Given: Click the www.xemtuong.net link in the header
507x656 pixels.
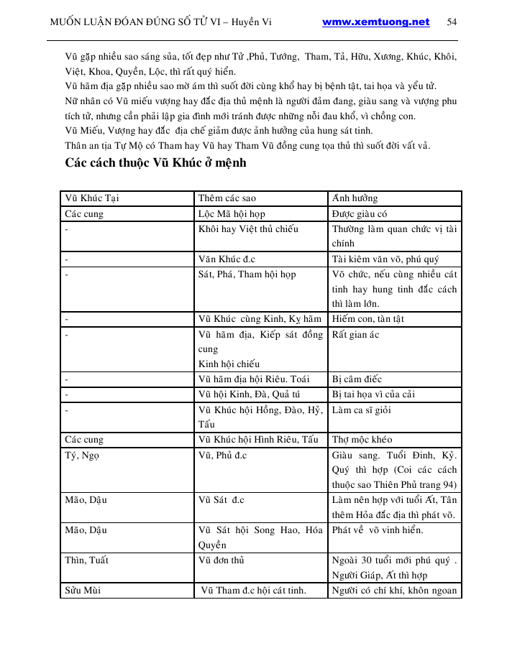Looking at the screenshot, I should coord(375,22).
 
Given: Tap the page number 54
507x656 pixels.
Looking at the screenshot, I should coord(452,22).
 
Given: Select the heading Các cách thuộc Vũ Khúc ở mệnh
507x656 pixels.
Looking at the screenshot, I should coord(155,163).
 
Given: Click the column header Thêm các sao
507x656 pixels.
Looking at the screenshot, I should coord(227,198).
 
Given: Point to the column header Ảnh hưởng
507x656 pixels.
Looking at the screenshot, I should coord(355,198).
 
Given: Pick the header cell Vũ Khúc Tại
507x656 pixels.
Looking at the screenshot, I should coord(92,198).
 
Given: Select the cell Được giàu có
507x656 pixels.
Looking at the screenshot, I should coord(360,214).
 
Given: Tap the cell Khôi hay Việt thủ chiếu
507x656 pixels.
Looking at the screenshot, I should coord(248,229).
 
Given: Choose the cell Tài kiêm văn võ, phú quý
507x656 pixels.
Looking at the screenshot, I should coord(385,259).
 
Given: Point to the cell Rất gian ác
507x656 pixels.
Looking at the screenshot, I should coord(355,335).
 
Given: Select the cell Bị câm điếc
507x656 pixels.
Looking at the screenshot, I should coord(357,379).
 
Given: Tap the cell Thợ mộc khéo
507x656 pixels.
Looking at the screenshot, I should coord(362,440).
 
